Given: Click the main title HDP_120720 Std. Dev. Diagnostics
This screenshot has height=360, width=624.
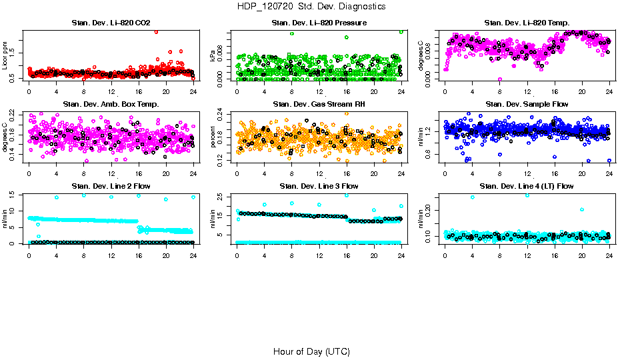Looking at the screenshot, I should pos(311,7).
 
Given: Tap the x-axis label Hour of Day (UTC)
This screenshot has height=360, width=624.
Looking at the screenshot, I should pos(311,351).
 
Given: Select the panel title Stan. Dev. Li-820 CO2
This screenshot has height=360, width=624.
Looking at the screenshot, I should pos(111,23).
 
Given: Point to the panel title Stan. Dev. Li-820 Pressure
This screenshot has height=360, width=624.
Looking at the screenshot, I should pos(319,23).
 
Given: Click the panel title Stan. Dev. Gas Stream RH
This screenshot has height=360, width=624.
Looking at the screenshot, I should pos(319,105).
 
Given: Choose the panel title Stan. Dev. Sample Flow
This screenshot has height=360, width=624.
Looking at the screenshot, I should pos(527,105).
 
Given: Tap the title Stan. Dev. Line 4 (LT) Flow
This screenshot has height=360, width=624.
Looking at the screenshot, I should pos(527,186).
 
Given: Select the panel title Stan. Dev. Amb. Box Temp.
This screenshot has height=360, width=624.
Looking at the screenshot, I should pos(111,105).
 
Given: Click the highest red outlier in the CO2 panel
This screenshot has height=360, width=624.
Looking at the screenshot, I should pos(156,31).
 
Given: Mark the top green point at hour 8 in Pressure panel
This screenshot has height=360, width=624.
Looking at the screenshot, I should pos(292,33).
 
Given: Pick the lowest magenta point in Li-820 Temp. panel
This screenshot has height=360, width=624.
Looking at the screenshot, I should pos(500,79).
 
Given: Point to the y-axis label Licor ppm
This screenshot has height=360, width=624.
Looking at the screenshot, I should pos(6,55).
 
